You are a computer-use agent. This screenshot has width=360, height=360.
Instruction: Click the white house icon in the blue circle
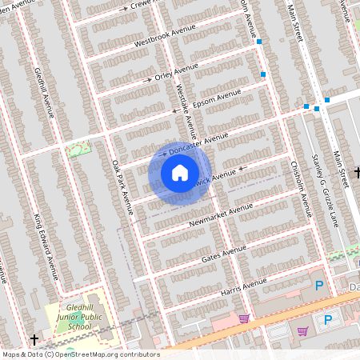(x=180, y=173)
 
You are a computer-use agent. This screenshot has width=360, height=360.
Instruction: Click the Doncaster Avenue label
(x=199, y=145)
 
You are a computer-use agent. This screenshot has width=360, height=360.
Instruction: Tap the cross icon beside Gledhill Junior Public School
(x=34, y=339)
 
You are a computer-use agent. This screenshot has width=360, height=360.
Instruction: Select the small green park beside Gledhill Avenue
(x=78, y=149)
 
